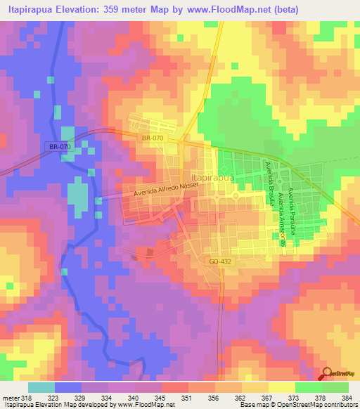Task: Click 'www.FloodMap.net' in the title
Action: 237,10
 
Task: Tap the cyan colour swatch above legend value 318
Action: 41,387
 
